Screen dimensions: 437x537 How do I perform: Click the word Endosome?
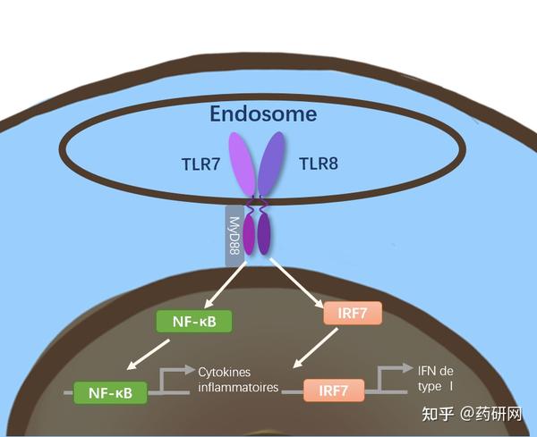[x=263, y=114]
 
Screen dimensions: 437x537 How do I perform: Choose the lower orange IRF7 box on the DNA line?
[x=332, y=391]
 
